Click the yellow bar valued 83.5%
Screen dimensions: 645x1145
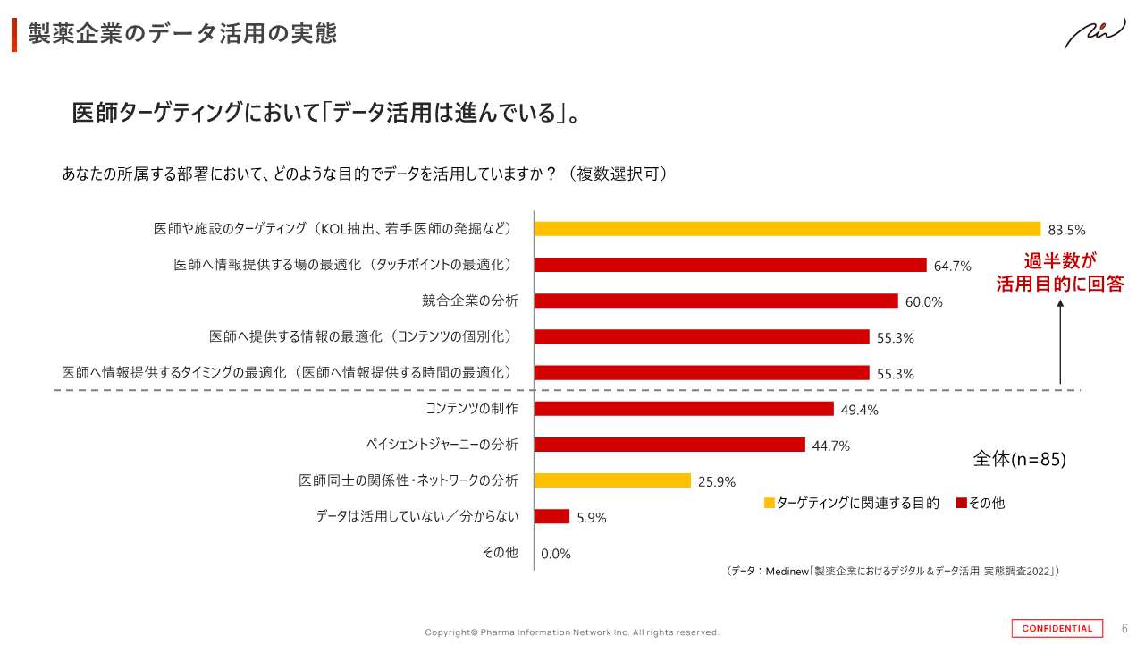[x=787, y=229]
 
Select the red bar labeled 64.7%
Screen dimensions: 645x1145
[x=729, y=265]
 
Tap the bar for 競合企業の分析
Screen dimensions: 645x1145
[x=715, y=301]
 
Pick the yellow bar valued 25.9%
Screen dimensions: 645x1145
[x=612, y=480]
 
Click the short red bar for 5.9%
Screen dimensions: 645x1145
[x=551, y=516]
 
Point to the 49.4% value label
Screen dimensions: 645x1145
[x=859, y=410]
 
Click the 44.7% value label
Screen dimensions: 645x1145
[x=830, y=446]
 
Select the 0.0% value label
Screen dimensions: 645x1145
[x=555, y=554]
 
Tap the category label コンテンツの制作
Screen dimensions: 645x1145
[x=471, y=409]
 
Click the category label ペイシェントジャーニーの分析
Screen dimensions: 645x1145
[x=442, y=445]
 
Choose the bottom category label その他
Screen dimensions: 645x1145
[x=500, y=553]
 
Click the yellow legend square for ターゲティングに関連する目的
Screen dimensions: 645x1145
[x=769, y=504]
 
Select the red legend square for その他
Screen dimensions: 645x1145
[x=961, y=504]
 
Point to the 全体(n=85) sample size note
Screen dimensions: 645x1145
[x=1019, y=460]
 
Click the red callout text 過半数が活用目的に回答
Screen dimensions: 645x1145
[x=1060, y=273]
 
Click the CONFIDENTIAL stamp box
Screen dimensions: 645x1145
[x=1057, y=628]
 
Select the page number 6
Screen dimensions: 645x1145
[x=1124, y=628]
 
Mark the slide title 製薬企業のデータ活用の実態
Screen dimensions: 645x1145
[x=182, y=34]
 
